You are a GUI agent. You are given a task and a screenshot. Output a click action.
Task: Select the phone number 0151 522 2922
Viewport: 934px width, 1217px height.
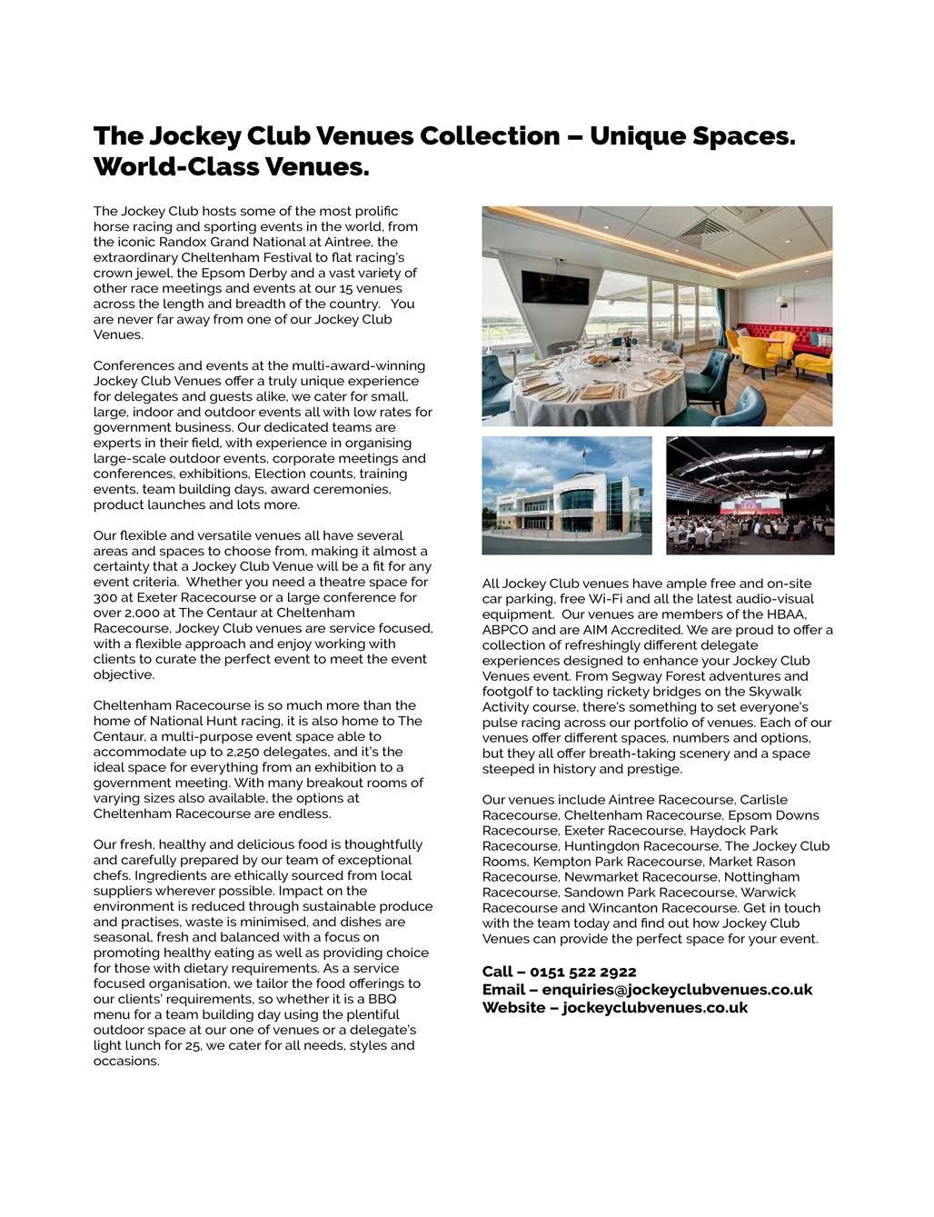click(582, 973)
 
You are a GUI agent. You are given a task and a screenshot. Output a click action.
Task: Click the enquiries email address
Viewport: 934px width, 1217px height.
click(677, 990)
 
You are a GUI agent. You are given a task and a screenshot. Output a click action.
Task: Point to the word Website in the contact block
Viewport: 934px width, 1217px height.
click(512, 1007)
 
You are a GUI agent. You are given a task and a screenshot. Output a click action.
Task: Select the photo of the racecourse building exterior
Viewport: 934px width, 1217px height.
click(567, 495)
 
